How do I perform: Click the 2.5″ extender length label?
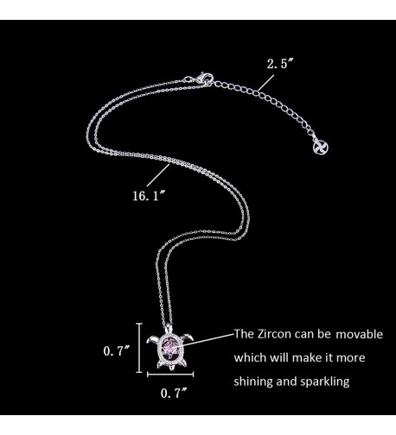[278, 64]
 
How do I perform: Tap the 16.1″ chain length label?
[149, 196]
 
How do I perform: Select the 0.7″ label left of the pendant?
[117, 351]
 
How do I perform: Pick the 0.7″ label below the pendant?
[174, 393]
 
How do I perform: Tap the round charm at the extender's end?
[321, 148]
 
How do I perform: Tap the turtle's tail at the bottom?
[171, 368]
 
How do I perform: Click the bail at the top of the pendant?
[169, 328]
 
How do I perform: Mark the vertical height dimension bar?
[139, 348]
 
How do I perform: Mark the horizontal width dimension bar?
[170, 375]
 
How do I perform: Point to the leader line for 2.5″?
[266, 83]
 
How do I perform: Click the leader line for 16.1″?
[158, 175]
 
